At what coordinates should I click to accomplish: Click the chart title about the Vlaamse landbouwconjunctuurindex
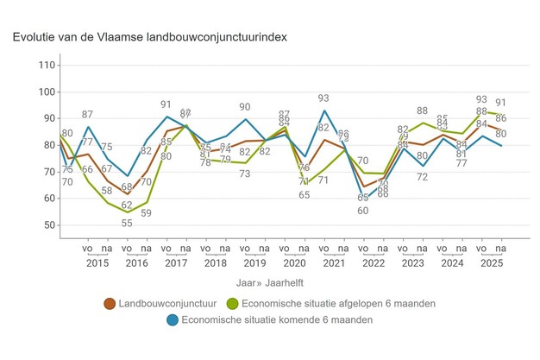149,38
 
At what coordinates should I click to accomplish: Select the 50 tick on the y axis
50,225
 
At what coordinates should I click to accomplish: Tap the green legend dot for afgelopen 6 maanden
230,303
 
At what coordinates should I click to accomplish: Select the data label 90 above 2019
246,108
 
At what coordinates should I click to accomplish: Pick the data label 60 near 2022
363,211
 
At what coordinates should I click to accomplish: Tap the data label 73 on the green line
246,174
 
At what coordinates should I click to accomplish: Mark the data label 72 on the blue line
423,177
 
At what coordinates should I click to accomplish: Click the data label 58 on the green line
107,192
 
